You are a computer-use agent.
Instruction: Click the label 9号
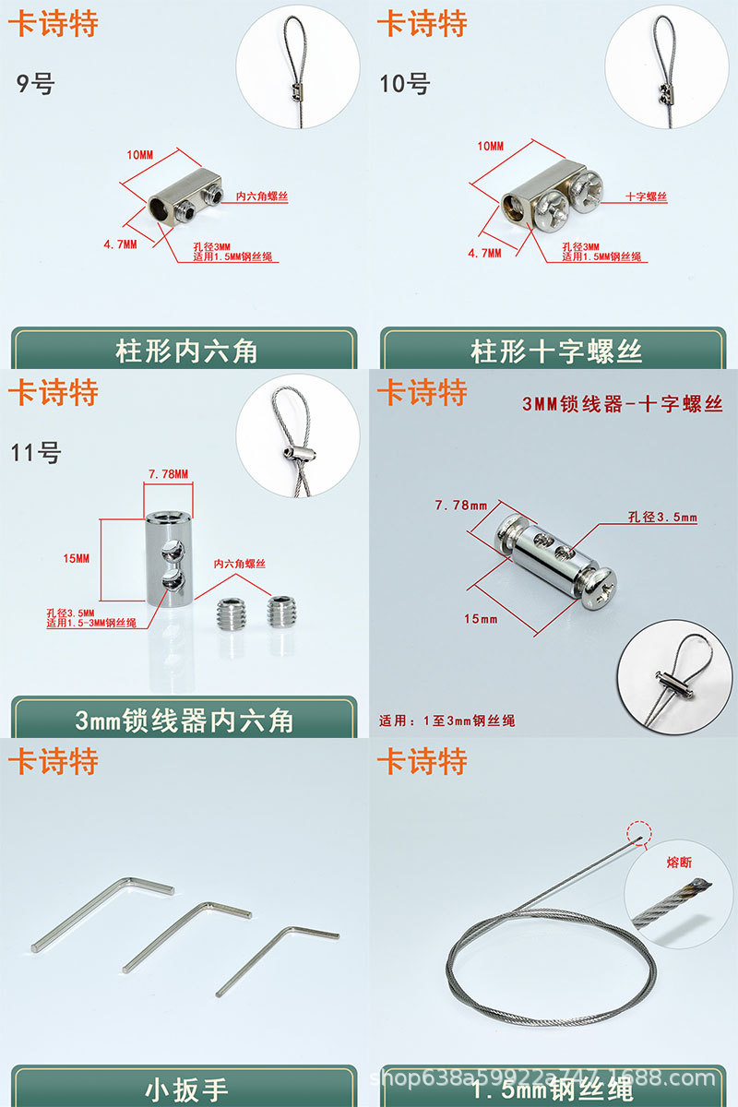click(36, 84)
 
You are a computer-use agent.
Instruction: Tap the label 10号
click(405, 84)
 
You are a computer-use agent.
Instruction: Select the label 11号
click(36, 453)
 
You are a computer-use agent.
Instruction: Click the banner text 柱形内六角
click(185, 351)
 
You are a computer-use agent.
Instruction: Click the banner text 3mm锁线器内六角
click(184, 720)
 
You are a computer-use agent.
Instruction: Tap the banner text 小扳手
click(185, 1089)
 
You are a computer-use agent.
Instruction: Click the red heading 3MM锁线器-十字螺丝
click(622, 404)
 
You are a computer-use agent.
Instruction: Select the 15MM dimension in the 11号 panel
click(77, 559)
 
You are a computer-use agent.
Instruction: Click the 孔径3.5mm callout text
click(663, 518)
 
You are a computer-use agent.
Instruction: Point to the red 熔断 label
click(678, 863)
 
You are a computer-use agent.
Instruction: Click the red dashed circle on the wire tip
click(637, 833)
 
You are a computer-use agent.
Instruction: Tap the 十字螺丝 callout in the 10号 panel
click(646, 196)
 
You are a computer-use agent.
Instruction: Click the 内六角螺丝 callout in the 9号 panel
click(262, 196)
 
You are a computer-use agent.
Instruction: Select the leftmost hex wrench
click(101, 913)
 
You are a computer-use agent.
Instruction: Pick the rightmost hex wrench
click(277, 959)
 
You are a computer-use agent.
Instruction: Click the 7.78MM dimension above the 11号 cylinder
click(168, 474)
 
